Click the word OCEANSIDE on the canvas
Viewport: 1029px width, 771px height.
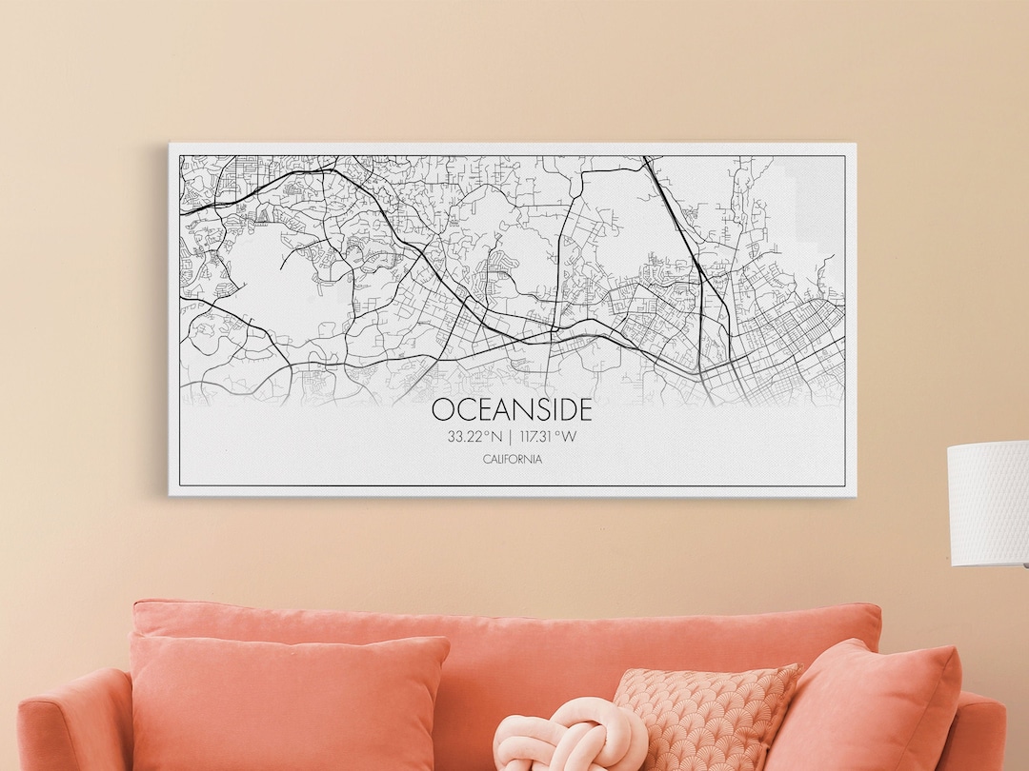click(512, 409)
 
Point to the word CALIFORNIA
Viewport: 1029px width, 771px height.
click(513, 460)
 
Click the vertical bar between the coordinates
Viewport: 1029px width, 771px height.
click(510, 437)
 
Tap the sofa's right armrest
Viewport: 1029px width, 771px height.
click(981, 733)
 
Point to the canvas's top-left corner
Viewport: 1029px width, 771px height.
click(171, 145)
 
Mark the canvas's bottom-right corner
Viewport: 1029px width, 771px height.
click(855, 495)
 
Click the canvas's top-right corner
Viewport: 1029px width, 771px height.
click(855, 145)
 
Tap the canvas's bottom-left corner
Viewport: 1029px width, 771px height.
click(171, 495)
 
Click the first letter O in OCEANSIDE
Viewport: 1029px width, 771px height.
click(443, 409)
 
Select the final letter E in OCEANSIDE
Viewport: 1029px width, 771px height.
click(583, 409)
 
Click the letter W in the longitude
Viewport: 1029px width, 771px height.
click(570, 437)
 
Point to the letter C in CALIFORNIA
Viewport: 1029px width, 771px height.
click(486, 460)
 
